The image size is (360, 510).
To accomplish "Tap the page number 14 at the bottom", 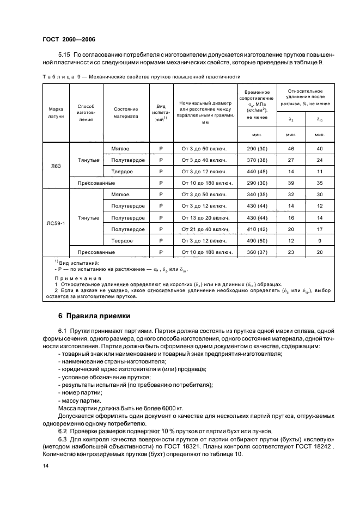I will click(x=46, y=466).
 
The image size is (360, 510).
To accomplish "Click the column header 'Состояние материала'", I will click(x=125, y=112).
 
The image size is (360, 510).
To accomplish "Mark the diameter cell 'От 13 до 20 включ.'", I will click(x=202, y=218).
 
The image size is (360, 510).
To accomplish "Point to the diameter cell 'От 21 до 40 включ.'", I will click(x=202, y=229).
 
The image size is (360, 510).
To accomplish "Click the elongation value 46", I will click(x=290, y=149).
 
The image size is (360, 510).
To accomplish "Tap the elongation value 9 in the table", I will click(x=320, y=241).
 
